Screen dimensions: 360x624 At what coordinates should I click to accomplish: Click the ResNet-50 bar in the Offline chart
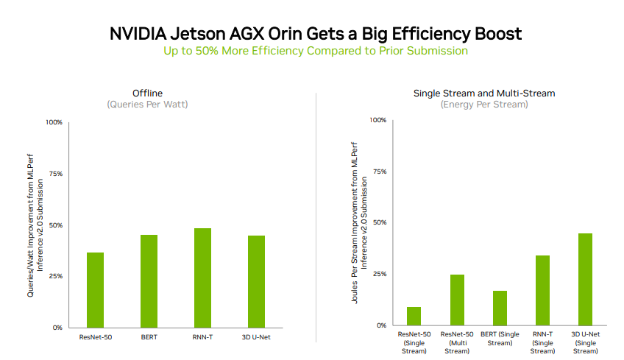[x=95, y=290]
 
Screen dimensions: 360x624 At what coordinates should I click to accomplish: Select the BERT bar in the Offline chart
[x=149, y=281]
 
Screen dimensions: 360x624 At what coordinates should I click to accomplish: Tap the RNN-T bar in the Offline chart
[x=202, y=278]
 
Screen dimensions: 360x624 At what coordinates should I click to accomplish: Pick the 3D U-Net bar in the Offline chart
[x=256, y=281]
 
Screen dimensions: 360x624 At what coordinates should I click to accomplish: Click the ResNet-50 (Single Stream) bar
[x=414, y=316]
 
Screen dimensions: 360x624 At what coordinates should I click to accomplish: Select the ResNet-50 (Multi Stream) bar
[x=457, y=300]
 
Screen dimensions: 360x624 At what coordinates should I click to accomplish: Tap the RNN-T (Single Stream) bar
[x=542, y=290]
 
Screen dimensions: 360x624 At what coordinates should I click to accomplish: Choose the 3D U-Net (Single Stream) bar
[x=585, y=279]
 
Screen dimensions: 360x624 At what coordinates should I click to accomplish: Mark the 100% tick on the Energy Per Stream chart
[x=377, y=120]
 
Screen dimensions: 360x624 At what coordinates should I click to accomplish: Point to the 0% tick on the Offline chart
[x=57, y=328]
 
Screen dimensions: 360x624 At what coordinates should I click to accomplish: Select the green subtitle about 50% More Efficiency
[x=315, y=51]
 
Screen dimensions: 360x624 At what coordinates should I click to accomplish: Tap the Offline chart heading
[x=147, y=93]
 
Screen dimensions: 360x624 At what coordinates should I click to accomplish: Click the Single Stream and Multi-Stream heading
[x=484, y=93]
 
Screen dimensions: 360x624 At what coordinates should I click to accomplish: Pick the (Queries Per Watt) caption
[x=147, y=105]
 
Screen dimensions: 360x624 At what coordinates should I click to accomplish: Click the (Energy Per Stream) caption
[x=484, y=105]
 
